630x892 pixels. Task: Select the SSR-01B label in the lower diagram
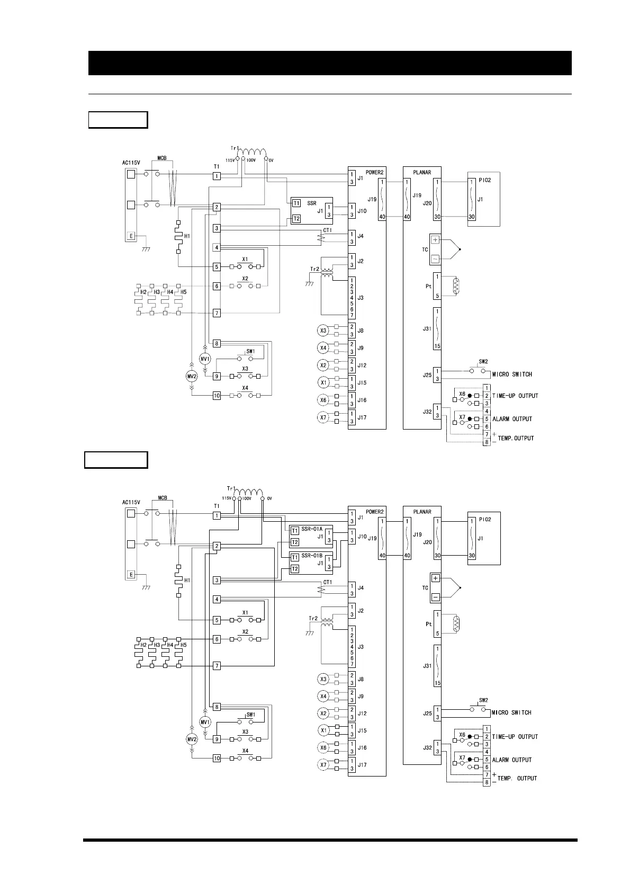(312, 556)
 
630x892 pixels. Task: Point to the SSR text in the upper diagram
(312, 203)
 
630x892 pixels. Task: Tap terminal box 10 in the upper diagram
(217, 395)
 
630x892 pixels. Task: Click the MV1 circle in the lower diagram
(205, 721)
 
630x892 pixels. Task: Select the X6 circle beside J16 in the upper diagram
(323, 400)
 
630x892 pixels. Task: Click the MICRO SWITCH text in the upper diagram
(512, 374)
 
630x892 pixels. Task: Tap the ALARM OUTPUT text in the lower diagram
(512, 760)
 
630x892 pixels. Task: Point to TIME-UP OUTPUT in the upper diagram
(515, 396)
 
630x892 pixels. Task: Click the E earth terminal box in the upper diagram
(131, 236)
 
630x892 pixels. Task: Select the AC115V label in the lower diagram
(131, 502)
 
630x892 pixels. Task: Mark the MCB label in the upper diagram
(162, 158)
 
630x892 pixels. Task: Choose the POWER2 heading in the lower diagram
(374, 512)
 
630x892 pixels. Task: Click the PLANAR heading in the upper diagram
(422, 172)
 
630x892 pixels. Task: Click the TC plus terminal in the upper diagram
(435, 240)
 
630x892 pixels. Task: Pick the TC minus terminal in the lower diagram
(435, 597)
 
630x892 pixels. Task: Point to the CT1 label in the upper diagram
(327, 231)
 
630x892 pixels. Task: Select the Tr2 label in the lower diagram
(313, 618)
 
